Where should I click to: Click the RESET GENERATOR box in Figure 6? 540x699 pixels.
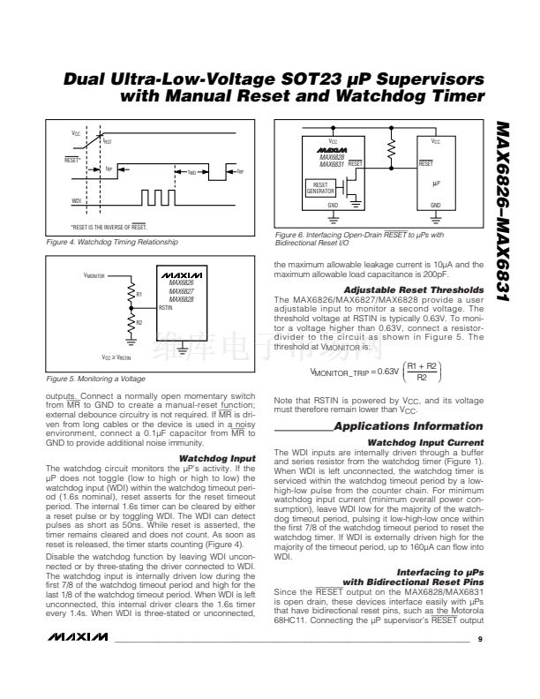click(x=319, y=188)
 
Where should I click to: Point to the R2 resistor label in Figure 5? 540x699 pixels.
click(x=139, y=323)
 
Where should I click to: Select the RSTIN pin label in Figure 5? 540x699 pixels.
click(x=166, y=307)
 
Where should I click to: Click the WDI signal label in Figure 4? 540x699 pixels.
click(x=76, y=201)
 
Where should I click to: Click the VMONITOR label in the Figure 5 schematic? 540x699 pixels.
click(x=95, y=275)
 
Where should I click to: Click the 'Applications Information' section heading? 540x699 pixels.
click(x=409, y=426)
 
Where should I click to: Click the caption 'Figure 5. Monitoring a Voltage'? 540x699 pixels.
click(x=95, y=379)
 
